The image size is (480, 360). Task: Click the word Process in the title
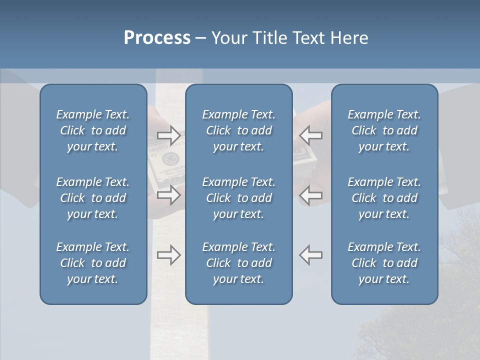(157, 38)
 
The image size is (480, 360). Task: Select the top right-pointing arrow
(168, 135)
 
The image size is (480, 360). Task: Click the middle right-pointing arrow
(168, 195)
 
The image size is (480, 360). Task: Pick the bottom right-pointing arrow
(168, 255)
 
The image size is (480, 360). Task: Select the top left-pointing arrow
(311, 135)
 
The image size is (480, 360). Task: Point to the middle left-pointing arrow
(311, 195)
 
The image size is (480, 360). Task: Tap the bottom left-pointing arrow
(311, 255)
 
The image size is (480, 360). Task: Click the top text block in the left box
(93, 130)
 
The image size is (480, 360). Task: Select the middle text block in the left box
(93, 198)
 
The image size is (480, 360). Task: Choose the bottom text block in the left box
(93, 263)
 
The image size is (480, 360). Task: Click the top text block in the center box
(239, 130)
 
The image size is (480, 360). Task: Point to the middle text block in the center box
(239, 198)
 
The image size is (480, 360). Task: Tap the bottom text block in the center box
(239, 263)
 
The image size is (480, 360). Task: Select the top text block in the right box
(384, 130)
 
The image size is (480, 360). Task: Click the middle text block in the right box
(384, 198)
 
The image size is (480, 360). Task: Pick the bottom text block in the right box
(384, 263)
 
